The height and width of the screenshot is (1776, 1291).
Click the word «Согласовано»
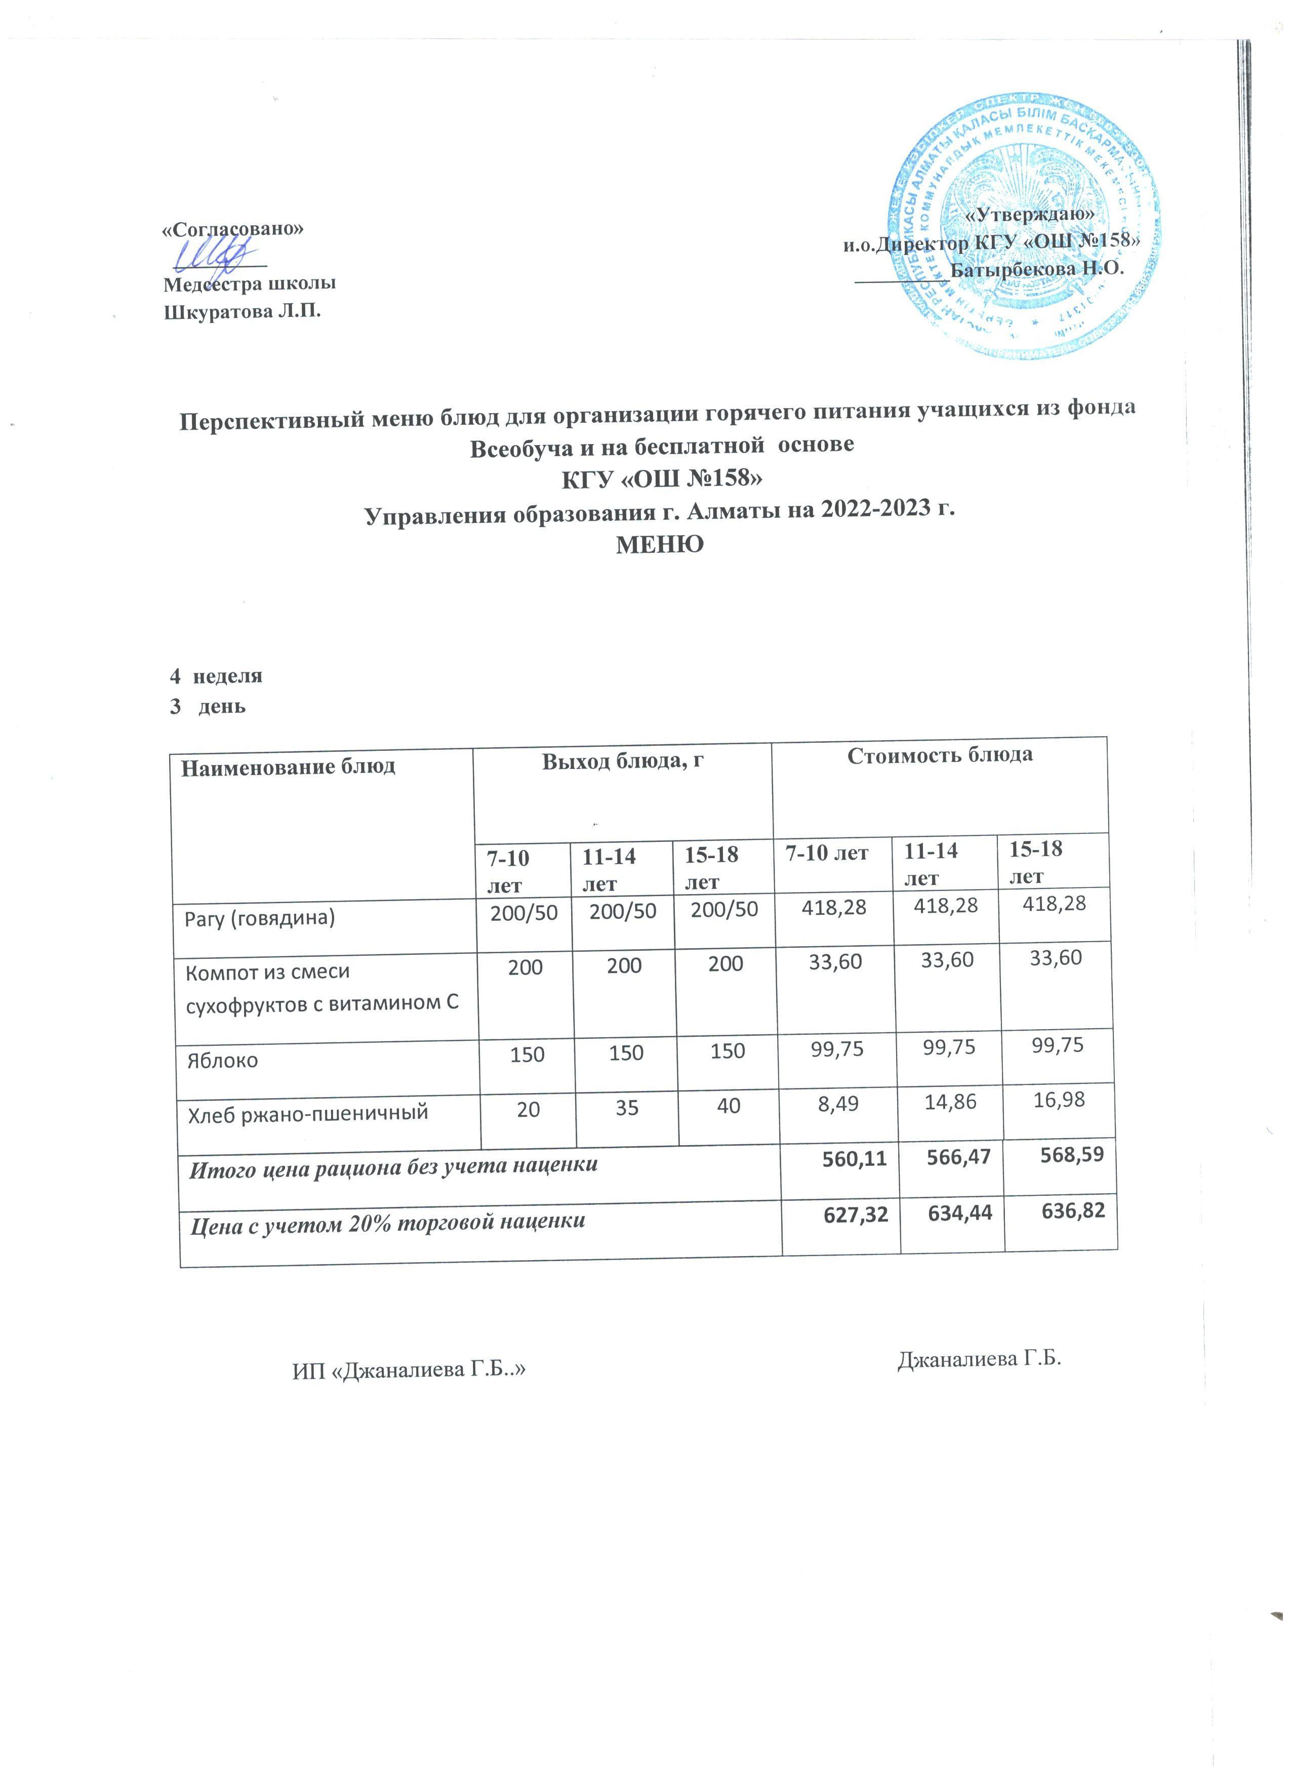click(232, 229)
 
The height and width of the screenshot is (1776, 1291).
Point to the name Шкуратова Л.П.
click(243, 312)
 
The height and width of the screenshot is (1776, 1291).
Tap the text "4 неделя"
click(216, 676)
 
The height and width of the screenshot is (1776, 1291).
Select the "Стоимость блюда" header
click(940, 755)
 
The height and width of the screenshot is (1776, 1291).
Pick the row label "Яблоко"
click(222, 1061)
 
